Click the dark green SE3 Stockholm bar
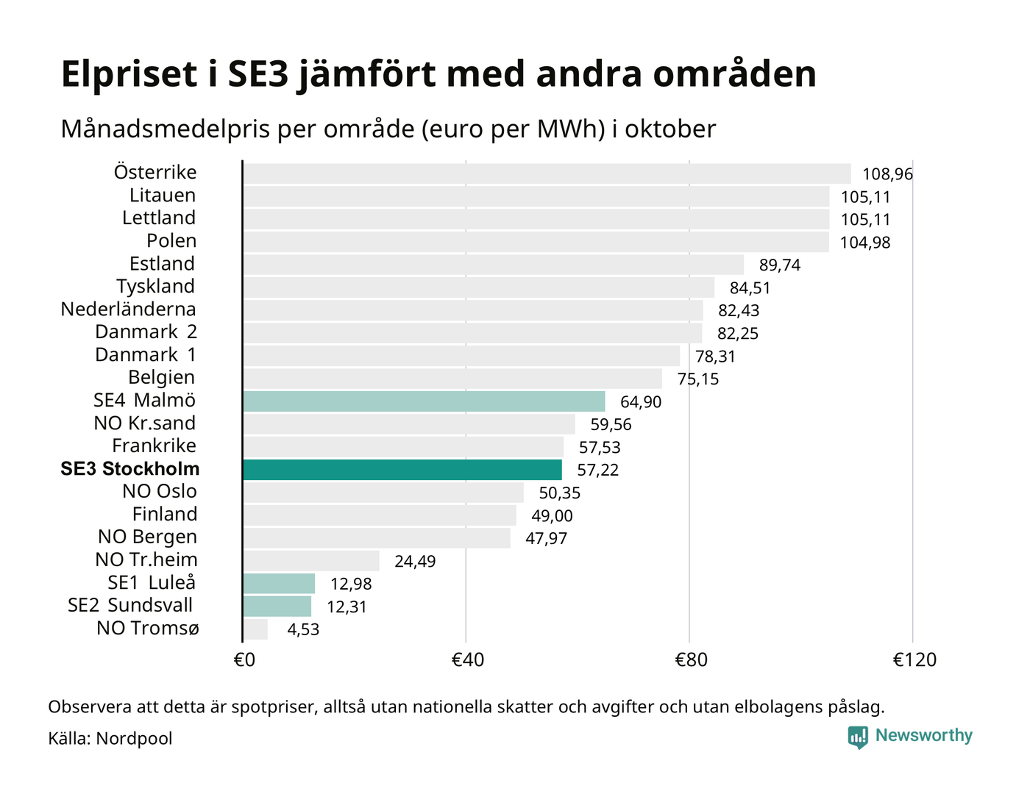402,470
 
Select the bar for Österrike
547,174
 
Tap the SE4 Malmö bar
424,401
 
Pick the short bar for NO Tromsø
255,629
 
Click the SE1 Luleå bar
279,584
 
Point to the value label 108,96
887,174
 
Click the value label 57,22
598,471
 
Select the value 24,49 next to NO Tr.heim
415,562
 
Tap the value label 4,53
303,630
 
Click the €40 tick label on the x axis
467,660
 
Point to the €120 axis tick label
914,660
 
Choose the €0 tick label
244,660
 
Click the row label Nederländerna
129,310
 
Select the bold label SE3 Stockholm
130,469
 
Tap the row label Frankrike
154,446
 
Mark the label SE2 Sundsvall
130,606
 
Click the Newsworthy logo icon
858,737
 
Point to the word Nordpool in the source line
134,738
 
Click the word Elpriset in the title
129,75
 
